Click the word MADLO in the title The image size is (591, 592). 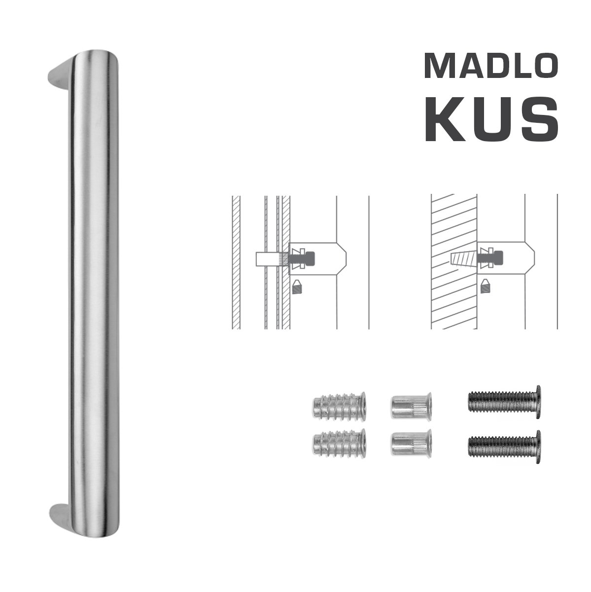point(490,66)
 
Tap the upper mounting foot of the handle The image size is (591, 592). point(60,74)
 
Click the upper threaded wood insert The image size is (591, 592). point(339,407)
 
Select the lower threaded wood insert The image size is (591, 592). point(339,443)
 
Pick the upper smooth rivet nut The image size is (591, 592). point(411,406)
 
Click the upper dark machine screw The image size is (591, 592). point(505,402)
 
